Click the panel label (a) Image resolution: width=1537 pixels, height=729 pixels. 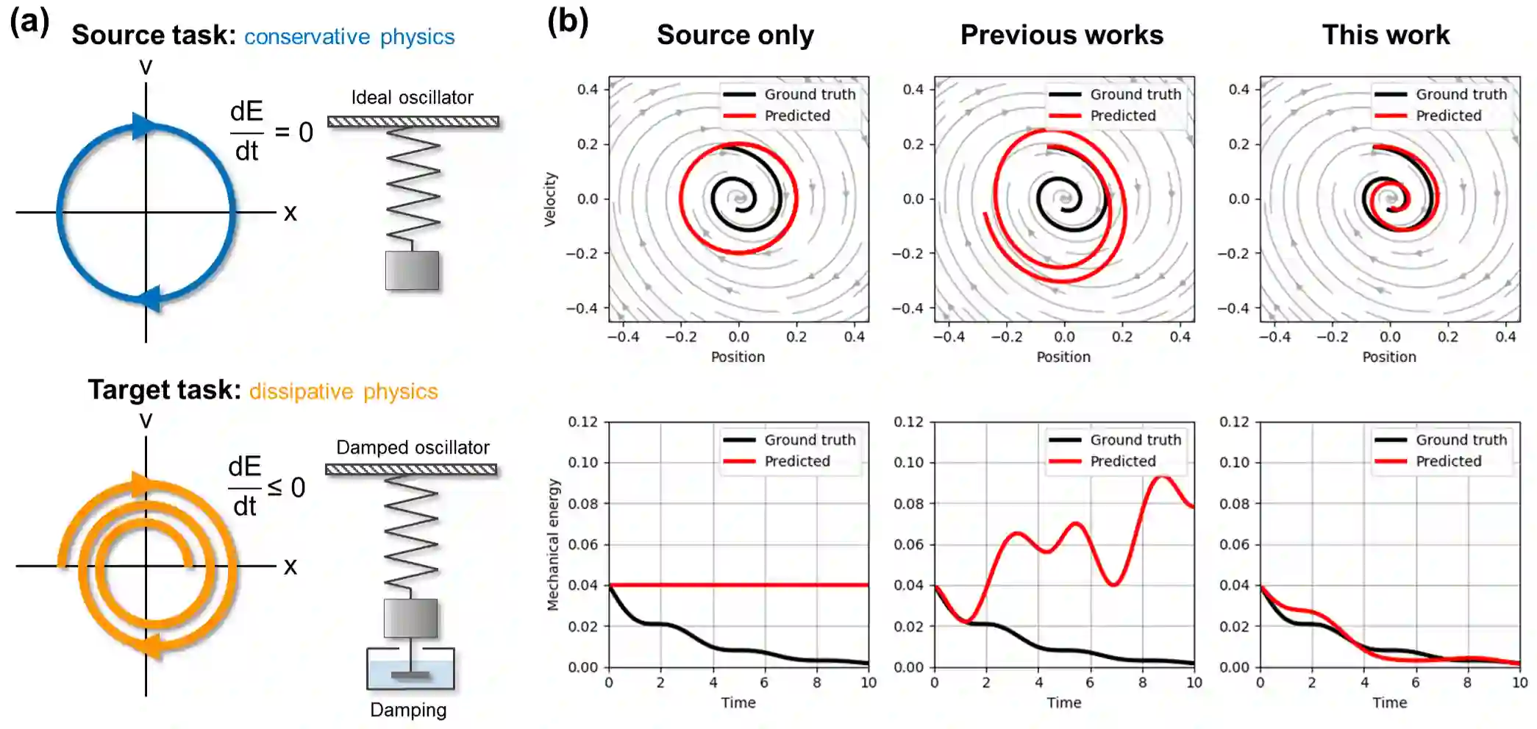pos(29,22)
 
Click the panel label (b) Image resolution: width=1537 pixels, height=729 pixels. pos(567,22)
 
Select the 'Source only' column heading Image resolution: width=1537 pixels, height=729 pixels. pos(735,35)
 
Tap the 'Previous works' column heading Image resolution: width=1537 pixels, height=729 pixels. pos(1061,35)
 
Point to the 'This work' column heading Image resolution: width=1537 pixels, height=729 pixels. pos(1386,35)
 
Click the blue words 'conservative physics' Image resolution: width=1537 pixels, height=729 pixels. pos(349,37)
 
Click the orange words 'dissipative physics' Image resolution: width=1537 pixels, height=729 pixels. pos(343,391)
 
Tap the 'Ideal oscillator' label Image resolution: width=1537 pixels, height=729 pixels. pos(412,97)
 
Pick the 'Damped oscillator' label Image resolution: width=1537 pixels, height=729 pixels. pos(412,447)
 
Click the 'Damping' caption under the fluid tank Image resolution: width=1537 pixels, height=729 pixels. pos(408,710)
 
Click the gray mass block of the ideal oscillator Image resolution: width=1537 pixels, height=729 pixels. pos(412,271)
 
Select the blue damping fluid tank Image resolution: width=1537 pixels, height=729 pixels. pos(410,672)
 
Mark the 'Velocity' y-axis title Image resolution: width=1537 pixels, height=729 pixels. pos(550,199)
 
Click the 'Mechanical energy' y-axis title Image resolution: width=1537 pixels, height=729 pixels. pos(553,544)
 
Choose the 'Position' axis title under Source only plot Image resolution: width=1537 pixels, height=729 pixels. pos(738,357)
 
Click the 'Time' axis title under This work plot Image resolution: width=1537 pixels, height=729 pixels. pos(1389,703)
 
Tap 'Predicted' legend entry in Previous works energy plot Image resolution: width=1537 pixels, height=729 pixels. pos(1122,461)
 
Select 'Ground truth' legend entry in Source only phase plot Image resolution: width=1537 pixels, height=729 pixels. pos(809,94)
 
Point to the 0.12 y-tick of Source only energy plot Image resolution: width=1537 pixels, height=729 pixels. pos(582,422)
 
